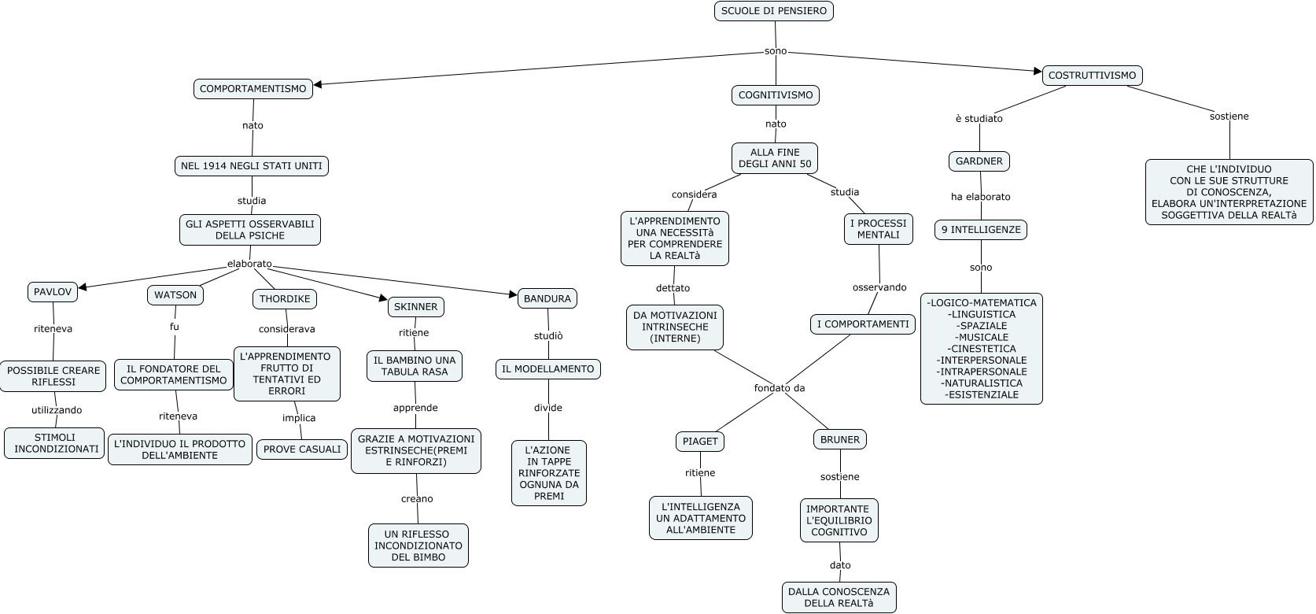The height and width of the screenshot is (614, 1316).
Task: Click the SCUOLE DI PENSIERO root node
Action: (x=773, y=11)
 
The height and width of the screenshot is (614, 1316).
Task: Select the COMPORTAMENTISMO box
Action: (x=253, y=89)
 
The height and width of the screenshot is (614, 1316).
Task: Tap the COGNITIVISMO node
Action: (x=775, y=95)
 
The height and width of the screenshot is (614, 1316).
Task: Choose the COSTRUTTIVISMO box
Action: (x=1092, y=76)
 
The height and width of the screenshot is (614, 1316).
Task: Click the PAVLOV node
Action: (x=53, y=292)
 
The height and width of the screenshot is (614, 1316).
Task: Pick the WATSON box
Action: (x=175, y=295)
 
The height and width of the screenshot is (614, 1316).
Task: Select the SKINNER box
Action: (x=415, y=306)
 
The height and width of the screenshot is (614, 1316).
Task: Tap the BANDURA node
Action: (x=547, y=299)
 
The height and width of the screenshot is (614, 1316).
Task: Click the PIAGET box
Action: (x=699, y=442)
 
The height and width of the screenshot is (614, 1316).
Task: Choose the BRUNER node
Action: (x=839, y=440)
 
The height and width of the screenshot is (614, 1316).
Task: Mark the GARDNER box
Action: (x=979, y=161)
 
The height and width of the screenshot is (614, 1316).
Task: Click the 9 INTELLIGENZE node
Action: (x=981, y=230)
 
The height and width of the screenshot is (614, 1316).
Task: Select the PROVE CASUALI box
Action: (x=302, y=449)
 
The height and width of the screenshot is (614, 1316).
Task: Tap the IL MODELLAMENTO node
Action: (x=547, y=369)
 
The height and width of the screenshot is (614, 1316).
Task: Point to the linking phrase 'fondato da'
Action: (x=779, y=388)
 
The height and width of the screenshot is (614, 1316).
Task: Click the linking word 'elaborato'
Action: (x=249, y=264)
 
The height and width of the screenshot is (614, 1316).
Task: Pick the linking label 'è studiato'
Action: (x=979, y=119)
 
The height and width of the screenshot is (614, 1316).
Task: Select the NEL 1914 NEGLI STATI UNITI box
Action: (x=251, y=166)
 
